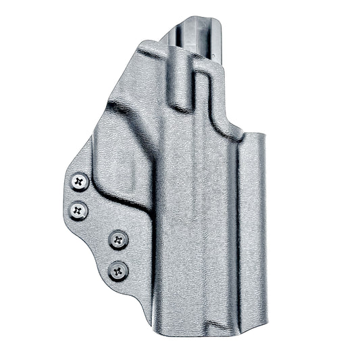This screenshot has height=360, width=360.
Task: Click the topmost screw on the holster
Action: point(80,181)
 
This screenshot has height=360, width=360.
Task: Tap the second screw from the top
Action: point(79,210)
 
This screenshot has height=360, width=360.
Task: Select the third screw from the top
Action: point(119,238)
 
